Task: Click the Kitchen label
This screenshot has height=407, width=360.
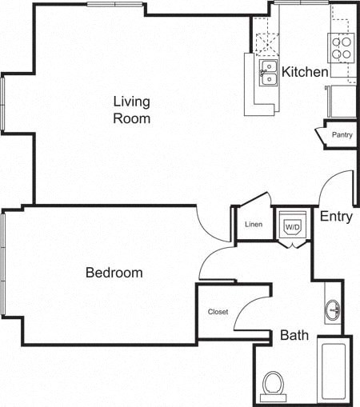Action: point(305,72)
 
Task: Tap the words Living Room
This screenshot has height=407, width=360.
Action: point(132,110)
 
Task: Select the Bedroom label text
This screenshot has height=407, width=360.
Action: point(114,273)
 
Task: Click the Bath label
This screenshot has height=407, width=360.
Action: point(294,335)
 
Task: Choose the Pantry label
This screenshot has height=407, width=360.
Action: point(342,136)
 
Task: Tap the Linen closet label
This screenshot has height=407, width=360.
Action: point(254,224)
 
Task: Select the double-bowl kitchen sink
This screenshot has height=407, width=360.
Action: point(267,73)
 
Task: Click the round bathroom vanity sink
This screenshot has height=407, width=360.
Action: point(333,309)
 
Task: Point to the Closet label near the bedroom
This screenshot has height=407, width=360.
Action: point(218,312)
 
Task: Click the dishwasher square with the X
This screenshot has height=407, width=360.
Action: point(265,35)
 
